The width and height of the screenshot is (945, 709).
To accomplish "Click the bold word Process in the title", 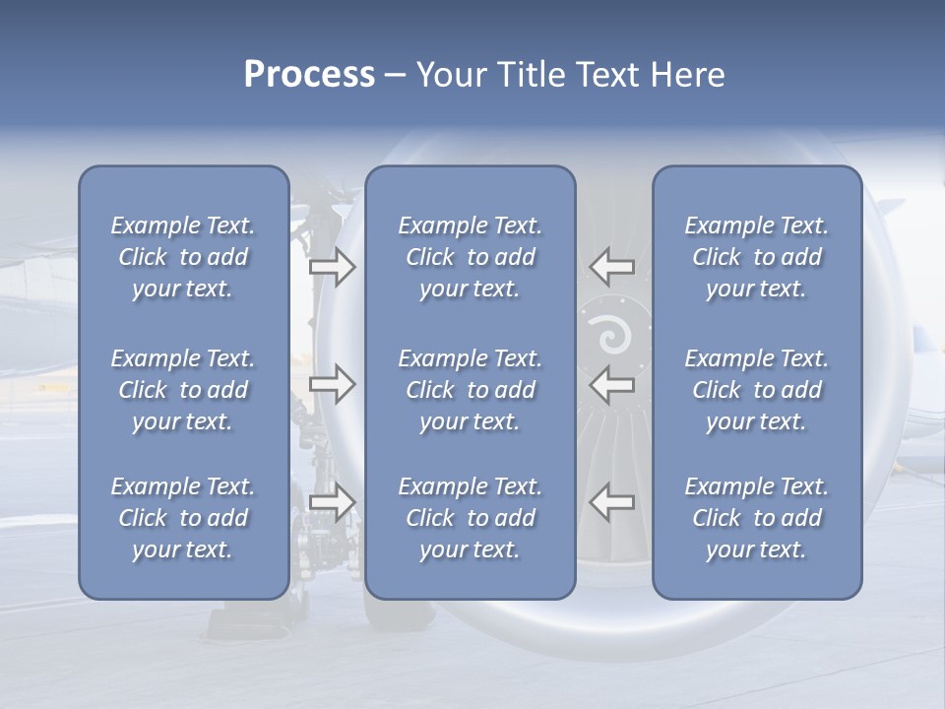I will [309, 75].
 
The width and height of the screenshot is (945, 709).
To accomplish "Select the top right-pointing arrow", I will [332, 267].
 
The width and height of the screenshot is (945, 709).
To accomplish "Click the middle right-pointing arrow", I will [332, 384].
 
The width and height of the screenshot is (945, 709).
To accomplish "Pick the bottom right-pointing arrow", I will [332, 502].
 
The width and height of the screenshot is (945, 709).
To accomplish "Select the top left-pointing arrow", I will [611, 267].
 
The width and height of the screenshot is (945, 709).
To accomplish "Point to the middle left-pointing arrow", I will [611, 384].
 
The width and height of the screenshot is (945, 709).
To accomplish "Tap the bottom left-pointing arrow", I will [611, 502].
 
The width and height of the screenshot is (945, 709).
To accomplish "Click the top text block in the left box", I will [183, 257].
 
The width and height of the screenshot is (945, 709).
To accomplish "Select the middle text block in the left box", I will [183, 390].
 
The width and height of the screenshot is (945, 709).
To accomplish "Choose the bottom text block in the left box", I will [183, 518].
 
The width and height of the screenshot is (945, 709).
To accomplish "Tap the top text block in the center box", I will [470, 257].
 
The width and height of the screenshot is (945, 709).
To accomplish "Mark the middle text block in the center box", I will [470, 390].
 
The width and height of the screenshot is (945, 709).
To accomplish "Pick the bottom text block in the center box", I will [470, 518].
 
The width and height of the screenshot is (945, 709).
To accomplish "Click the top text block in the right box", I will [756, 257].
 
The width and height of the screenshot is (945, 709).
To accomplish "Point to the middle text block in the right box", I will [756, 390].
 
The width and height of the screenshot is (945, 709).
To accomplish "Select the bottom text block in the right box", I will [756, 518].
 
